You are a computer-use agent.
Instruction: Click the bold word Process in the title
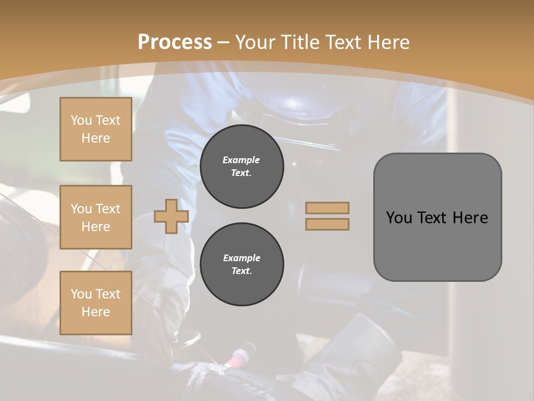[175, 42]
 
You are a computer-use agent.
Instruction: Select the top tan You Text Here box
[96, 129]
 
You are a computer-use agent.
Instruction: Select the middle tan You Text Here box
[96, 217]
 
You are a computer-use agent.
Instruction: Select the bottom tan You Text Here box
[96, 303]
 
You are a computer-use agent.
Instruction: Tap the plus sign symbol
[171, 217]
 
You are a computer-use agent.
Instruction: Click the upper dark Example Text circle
[241, 167]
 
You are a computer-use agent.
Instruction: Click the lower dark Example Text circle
[241, 265]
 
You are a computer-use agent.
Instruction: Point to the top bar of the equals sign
[327, 208]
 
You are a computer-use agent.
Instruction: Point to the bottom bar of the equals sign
[327, 224]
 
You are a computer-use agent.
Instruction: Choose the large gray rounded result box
[437, 217]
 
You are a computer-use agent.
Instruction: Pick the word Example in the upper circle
[241, 160]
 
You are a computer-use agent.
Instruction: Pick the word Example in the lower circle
[241, 258]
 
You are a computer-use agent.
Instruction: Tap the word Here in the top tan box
[96, 138]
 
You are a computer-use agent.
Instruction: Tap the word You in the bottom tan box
[81, 294]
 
